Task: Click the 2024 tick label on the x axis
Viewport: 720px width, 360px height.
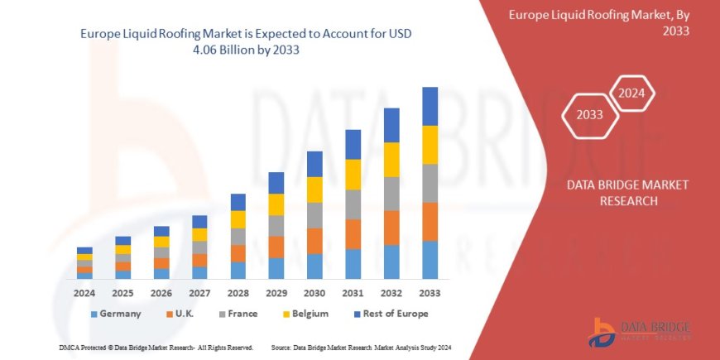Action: (84, 293)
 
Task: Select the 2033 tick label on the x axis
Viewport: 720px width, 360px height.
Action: (430, 293)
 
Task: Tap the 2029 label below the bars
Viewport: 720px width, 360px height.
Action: (276, 293)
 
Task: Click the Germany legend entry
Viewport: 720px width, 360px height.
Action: (115, 314)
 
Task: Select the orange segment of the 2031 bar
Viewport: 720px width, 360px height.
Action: (353, 234)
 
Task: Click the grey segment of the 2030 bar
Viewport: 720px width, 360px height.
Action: (314, 215)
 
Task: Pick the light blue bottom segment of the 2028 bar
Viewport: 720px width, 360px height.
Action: (238, 270)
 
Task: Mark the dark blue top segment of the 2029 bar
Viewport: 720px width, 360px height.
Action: (276, 183)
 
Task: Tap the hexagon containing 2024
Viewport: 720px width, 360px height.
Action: (632, 93)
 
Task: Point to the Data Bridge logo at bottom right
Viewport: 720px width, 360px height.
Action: (638, 331)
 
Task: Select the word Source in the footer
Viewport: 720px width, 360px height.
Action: (286, 347)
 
